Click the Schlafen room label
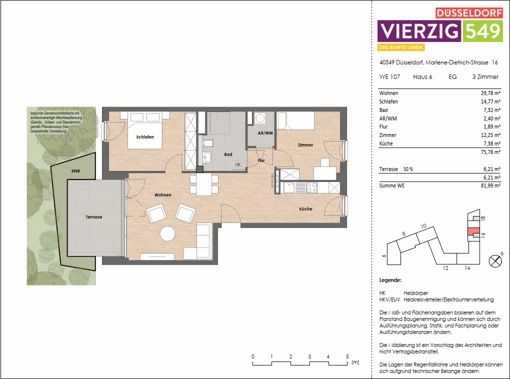pyautogui.click(x=144, y=137)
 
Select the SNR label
pyautogui.click(x=75, y=171)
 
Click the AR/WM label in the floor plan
pyautogui.click(x=265, y=133)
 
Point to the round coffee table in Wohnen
pyautogui.click(x=167, y=234)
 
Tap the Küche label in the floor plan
pyautogui.click(x=305, y=209)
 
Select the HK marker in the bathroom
pyautogui.click(x=237, y=164)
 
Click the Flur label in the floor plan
pyautogui.click(x=261, y=160)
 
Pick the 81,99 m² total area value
pyautogui.click(x=490, y=186)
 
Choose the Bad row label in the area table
pyautogui.click(x=383, y=110)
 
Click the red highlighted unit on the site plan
pyautogui.click(x=471, y=231)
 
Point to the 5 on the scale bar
pyautogui.click(x=347, y=356)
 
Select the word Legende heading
pyautogui.click(x=390, y=280)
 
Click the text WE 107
pyautogui.click(x=389, y=77)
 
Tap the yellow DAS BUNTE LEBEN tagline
pyautogui.click(x=401, y=47)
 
